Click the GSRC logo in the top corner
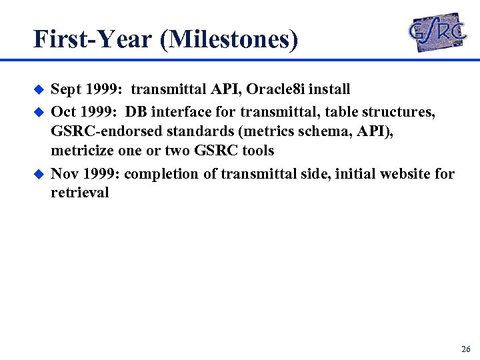pos(437,31)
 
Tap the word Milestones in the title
pos(229,39)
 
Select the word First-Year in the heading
pos(93,39)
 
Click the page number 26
pos(465,349)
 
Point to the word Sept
pos(66,89)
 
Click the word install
pos(327,89)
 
